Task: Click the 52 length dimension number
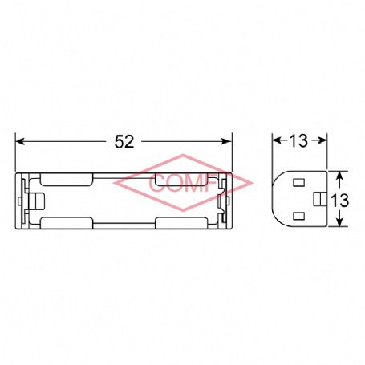pyautogui.click(x=124, y=141)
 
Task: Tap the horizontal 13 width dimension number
pyautogui.click(x=298, y=140)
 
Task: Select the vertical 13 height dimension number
pyautogui.click(x=339, y=201)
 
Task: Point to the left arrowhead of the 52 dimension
pyautogui.click(x=20, y=141)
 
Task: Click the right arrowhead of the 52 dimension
pyautogui.click(x=227, y=141)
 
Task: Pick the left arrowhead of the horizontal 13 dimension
pyautogui.click(x=277, y=140)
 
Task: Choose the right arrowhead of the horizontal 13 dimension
pyautogui.click(x=322, y=140)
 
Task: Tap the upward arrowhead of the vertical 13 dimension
pyautogui.click(x=339, y=176)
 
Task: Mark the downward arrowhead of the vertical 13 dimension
pyautogui.click(x=339, y=222)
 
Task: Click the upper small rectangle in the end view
pyautogui.click(x=299, y=183)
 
